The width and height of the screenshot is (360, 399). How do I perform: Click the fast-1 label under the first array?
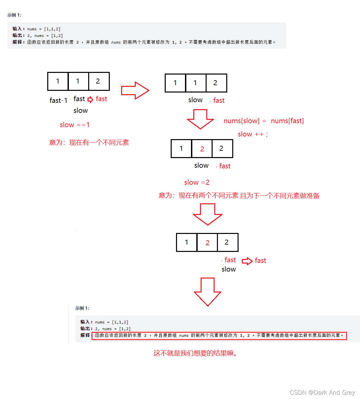(x=59, y=100)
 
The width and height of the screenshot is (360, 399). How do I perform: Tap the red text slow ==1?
(x=75, y=125)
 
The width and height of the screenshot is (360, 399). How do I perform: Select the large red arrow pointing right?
(x=135, y=91)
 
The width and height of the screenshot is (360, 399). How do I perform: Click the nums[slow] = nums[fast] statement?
(x=264, y=121)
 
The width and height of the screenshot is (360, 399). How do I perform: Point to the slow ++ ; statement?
(x=253, y=134)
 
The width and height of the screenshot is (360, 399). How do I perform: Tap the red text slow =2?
(x=197, y=182)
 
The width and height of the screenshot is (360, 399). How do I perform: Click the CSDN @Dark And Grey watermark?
(x=322, y=392)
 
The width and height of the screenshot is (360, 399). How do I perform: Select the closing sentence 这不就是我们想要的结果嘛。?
(x=196, y=353)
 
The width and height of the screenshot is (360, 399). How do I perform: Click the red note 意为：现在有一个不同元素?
(x=89, y=142)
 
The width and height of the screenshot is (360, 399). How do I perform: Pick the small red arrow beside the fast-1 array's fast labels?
(x=90, y=99)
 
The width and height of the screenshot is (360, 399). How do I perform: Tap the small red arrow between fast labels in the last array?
(x=247, y=261)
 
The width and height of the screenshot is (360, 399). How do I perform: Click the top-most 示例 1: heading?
(x=14, y=15)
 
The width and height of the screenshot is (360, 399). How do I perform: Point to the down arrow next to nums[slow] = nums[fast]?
(x=200, y=119)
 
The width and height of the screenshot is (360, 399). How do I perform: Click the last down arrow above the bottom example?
(x=208, y=292)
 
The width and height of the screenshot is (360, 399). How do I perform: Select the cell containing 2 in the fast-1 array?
(x=99, y=81)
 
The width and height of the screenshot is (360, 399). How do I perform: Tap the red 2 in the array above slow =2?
(x=202, y=149)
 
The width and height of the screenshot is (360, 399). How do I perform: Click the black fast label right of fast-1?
(x=79, y=99)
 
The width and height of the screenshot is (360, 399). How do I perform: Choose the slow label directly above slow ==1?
(x=81, y=110)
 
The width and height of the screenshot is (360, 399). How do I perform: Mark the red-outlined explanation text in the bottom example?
(x=219, y=335)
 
